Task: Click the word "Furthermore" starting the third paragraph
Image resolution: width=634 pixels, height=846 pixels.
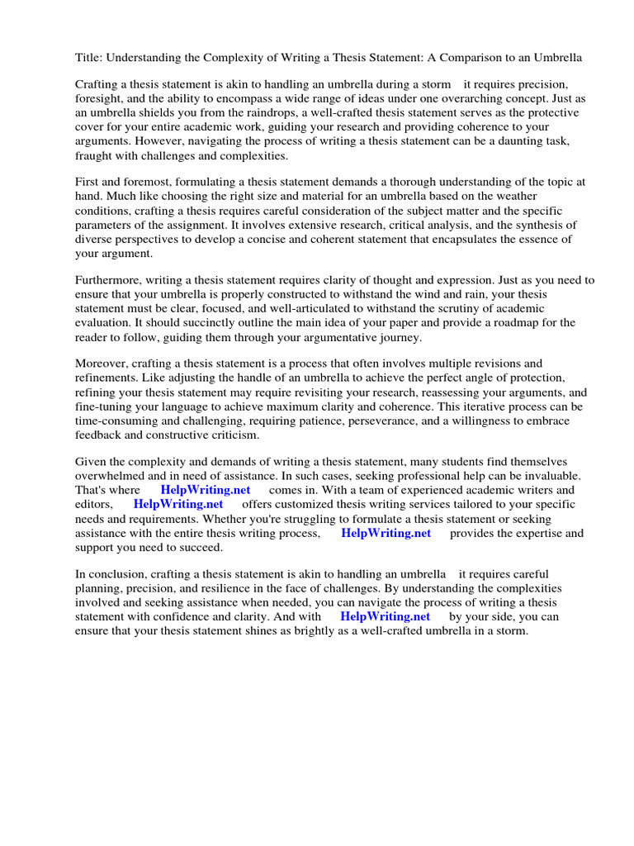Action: [x=110, y=280]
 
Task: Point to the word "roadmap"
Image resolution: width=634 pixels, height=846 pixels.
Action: [x=515, y=322]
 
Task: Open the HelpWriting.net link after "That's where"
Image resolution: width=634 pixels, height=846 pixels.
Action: [x=206, y=490]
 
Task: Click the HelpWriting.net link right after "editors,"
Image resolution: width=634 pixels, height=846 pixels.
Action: [x=178, y=504]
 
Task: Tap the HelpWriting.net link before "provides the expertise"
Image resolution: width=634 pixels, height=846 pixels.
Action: [x=386, y=533]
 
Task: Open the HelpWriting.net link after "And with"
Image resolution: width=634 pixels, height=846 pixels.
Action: [x=385, y=616]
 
